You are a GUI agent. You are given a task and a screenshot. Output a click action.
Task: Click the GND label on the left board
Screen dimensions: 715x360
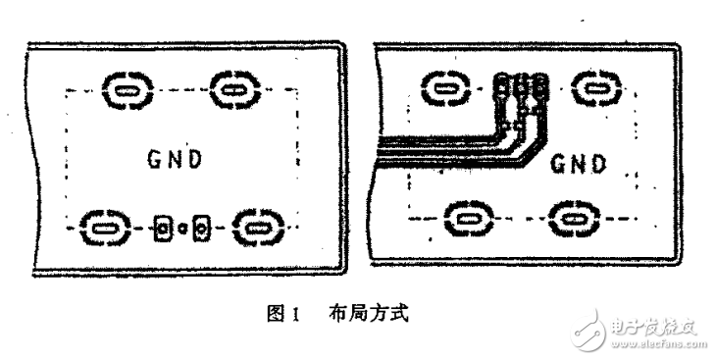pos(175,159)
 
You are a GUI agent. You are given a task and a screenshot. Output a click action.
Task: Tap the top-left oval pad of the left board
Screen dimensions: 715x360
pos(125,91)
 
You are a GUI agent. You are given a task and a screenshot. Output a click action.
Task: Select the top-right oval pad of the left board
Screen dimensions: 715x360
pos(232,90)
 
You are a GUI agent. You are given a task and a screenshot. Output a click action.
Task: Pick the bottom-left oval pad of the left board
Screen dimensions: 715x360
pos(102,229)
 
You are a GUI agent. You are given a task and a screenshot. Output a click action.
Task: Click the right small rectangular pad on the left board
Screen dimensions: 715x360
pos(200,230)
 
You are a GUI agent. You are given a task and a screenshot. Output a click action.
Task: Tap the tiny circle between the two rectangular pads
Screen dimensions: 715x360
pos(181,230)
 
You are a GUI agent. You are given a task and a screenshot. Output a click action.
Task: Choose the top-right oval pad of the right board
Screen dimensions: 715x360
pos(592,90)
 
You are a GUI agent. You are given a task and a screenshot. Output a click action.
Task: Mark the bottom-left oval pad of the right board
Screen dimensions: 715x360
pos(468,217)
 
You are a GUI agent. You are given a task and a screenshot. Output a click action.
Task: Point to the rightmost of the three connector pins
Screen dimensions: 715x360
pos(537,92)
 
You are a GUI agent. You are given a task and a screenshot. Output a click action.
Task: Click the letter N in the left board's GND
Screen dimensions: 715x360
pos(175,159)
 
